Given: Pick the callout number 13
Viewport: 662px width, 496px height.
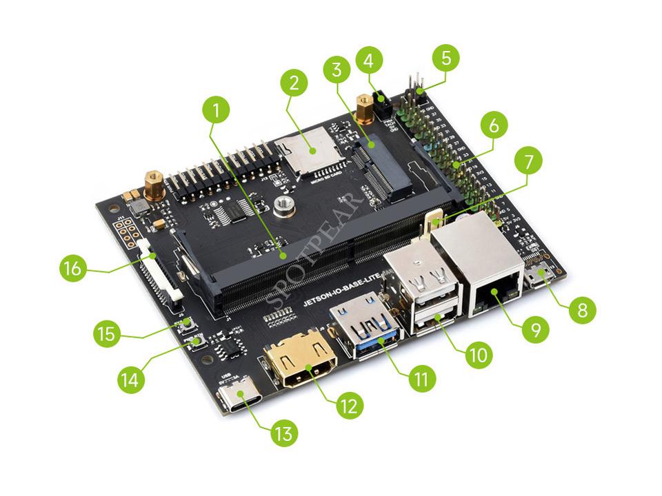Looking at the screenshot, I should (284, 433).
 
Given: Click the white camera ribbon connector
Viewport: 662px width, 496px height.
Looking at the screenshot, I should (161, 273).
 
